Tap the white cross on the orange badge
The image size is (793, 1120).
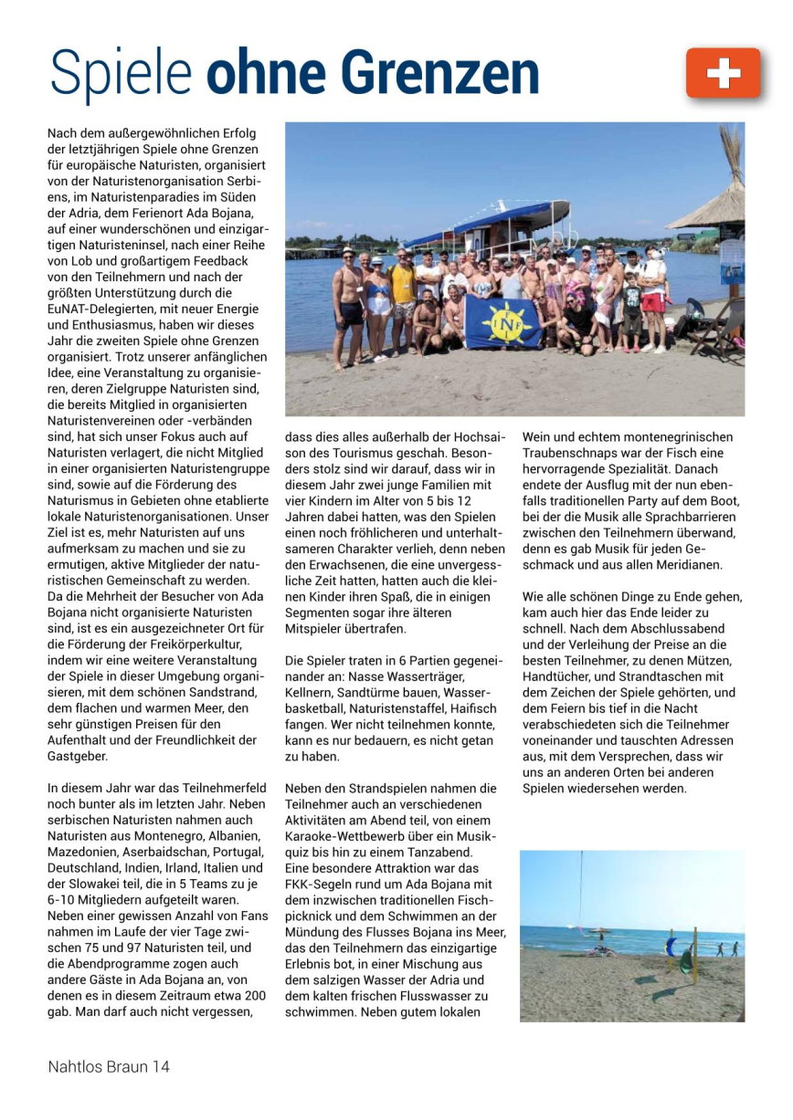[x=723, y=73]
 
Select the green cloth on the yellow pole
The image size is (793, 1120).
[x=687, y=959]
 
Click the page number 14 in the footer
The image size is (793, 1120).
[x=161, y=1066]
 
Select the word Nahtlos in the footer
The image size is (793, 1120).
[x=73, y=1066]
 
